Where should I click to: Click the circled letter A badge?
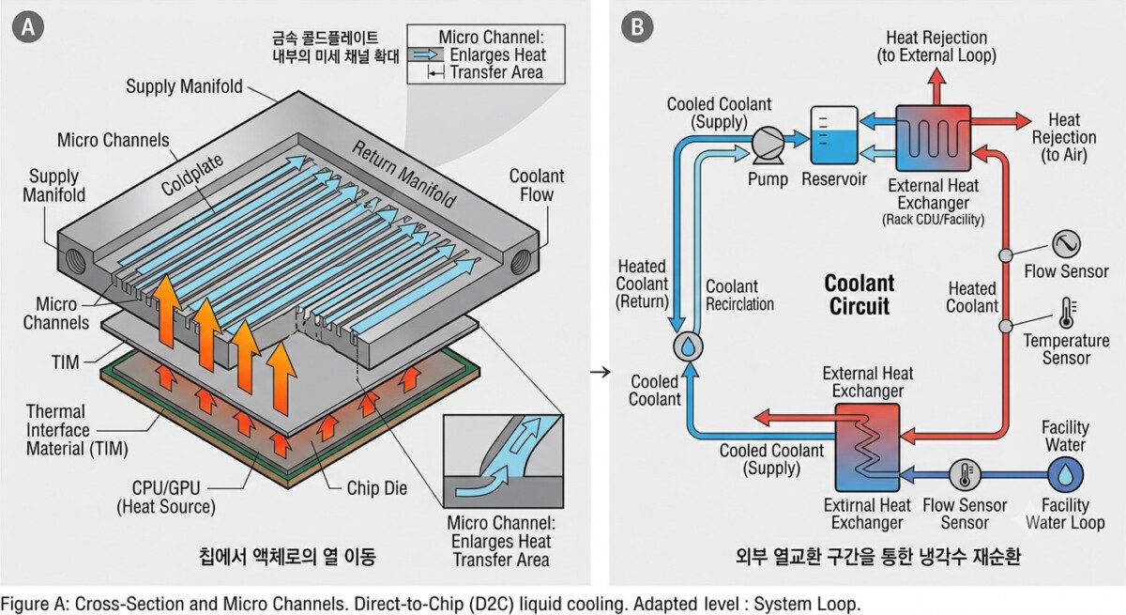click(x=27, y=26)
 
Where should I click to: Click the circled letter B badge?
click(x=637, y=26)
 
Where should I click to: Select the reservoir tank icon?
click(x=834, y=135)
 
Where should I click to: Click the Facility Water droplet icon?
click(x=1065, y=475)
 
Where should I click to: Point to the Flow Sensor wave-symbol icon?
click(x=1066, y=244)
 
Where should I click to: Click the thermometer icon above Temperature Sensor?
click(x=1067, y=313)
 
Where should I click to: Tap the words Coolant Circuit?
click(x=860, y=295)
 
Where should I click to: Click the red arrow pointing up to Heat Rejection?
click(x=936, y=86)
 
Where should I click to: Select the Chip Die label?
click(x=377, y=488)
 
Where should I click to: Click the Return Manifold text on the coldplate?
click(x=403, y=175)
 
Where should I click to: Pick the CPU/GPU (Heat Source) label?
click(x=166, y=498)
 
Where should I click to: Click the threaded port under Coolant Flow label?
click(x=522, y=262)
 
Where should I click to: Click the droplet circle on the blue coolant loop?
click(x=688, y=346)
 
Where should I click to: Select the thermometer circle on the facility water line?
click(x=965, y=475)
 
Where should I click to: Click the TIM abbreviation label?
click(x=66, y=362)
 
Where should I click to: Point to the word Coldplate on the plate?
click(x=192, y=175)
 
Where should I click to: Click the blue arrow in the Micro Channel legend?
click(x=427, y=54)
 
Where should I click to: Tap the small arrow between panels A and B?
click(x=600, y=372)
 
